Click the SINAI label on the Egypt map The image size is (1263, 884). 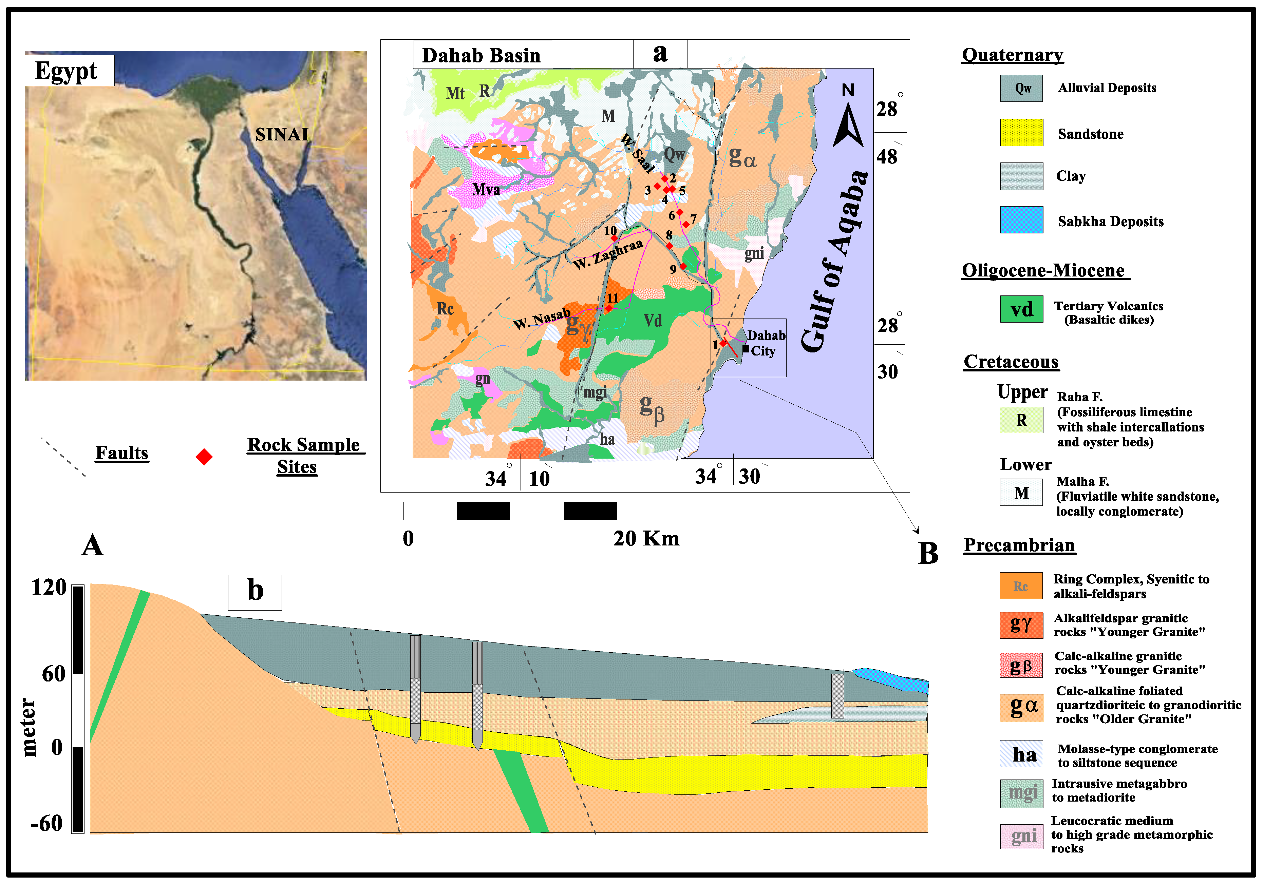(282, 134)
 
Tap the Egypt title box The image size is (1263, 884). (69, 70)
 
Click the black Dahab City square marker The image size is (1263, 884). (746, 348)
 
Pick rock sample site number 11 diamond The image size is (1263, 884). (608, 308)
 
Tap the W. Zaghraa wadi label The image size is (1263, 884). (608, 254)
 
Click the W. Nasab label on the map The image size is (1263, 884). (542, 319)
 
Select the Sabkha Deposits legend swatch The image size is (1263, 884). (1021, 220)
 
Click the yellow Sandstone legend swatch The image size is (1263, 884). (1021, 133)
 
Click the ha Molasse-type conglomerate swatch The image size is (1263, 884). (1021, 754)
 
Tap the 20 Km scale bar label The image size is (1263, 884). (646, 538)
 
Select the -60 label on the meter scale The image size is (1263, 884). (47, 823)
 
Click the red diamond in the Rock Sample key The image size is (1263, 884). (204, 457)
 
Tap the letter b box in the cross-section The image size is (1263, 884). (255, 592)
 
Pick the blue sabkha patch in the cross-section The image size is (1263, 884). (891, 680)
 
